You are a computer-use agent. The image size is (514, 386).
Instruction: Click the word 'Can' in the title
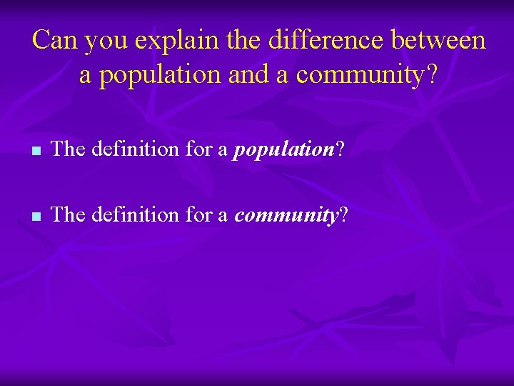55,40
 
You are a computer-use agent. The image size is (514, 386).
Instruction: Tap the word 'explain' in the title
171,40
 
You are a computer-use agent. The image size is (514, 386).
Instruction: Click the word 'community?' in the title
365,74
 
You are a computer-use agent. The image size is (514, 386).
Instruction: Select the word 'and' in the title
250,74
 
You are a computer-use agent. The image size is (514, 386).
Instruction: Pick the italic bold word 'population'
284,150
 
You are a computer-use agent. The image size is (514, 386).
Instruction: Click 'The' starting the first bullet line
69,149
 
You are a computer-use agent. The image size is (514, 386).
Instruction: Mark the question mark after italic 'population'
340,149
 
